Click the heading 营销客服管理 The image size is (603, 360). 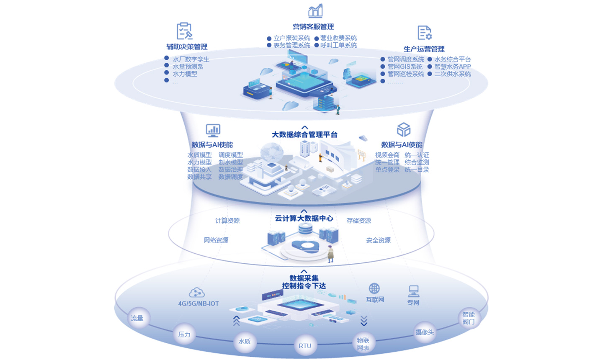pyautogui.click(x=313, y=27)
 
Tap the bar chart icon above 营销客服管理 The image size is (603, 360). pyautogui.click(x=315, y=11)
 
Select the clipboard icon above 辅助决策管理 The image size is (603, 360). pyautogui.click(x=184, y=31)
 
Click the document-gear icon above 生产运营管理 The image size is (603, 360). pyautogui.click(x=424, y=33)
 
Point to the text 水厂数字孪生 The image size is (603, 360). pyautogui.click(x=191, y=59)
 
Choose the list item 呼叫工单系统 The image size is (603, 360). pyautogui.click(x=338, y=45)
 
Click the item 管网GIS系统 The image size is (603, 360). pyautogui.click(x=405, y=67)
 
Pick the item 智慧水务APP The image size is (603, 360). pyautogui.click(x=452, y=67)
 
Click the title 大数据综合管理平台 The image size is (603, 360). pyautogui.click(x=304, y=135)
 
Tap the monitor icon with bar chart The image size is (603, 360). pyautogui.click(x=213, y=130)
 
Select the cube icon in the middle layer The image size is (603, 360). pyautogui.click(x=403, y=130)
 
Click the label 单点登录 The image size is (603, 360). pyautogui.click(x=387, y=170)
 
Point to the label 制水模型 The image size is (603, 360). pyautogui.click(x=231, y=162)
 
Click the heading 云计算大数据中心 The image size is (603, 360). pyautogui.click(x=304, y=219)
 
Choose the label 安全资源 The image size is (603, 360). pyautogui.click(x=378, y=240)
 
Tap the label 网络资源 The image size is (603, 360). pyautogui.click(x=216, y=240)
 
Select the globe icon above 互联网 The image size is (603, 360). pyautogui.click(x=374, y=288)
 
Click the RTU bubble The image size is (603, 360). pyautogui.click(x=305, y=346)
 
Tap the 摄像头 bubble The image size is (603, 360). pyautogui.click(x=425, y=332)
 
